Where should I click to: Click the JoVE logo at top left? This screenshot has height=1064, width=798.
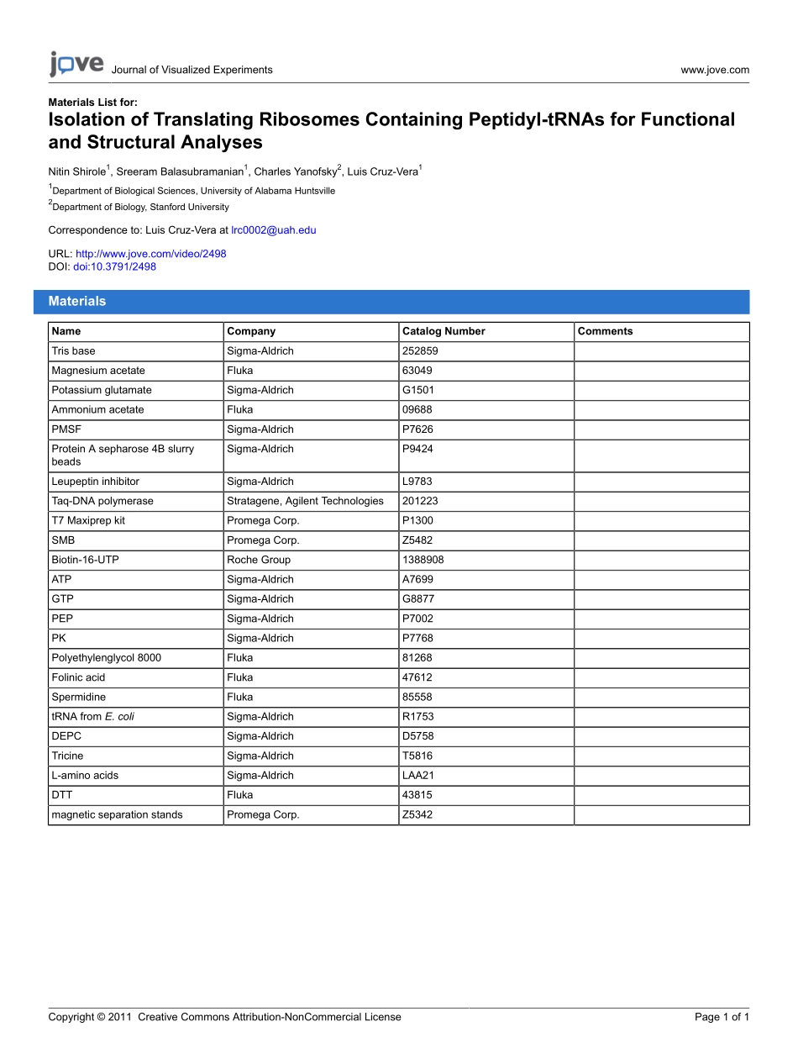[76, 64]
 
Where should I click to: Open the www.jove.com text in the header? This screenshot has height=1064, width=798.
[715, 70]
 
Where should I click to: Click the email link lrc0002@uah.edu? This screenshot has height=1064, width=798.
[273, 229]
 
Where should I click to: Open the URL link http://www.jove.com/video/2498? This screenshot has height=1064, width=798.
[150, 254]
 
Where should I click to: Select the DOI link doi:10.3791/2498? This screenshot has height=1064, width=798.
[114, 266]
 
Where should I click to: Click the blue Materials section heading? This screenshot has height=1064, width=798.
[77, 301]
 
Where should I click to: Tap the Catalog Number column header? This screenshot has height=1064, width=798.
[444, 331]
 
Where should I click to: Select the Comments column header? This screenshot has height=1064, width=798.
[605, 331]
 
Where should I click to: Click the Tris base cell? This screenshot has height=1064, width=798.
[74, 351]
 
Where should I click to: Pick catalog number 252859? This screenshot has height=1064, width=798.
[420, 351]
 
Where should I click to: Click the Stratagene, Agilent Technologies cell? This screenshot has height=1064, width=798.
[305, 501]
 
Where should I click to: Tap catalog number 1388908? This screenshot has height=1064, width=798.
[423, 560]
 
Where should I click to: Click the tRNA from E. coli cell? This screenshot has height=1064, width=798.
[92, 717]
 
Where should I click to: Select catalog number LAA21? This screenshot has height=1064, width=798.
[418, 776]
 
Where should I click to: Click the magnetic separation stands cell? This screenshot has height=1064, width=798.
[117, 814]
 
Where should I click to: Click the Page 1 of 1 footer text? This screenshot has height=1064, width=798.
[722, 1017]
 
